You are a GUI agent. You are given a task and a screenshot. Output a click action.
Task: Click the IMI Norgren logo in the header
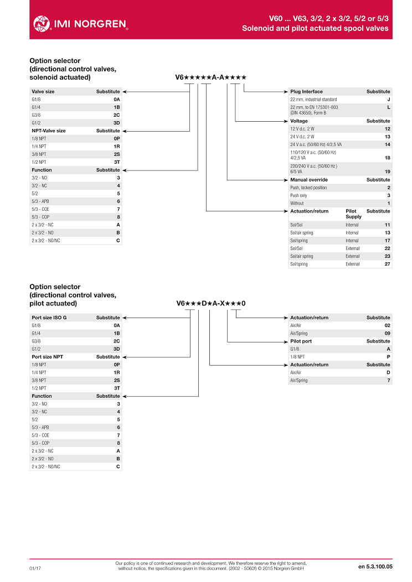(80, 23)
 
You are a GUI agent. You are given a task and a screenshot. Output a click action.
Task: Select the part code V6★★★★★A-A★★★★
(210, 77)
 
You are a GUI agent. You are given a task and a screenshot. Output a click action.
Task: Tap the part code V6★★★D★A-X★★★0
(211, 303)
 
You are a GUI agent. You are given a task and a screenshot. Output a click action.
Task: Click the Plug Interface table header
(306, 91)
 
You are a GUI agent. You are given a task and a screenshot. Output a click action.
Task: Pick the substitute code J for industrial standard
(388, 99)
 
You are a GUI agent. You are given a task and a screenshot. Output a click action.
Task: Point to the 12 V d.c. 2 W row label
(302, 128)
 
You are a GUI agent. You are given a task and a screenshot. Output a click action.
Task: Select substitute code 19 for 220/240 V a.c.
(388, 172)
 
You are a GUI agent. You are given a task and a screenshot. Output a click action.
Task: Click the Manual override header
(309, 180)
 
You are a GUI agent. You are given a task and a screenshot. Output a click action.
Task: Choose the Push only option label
(298, 195)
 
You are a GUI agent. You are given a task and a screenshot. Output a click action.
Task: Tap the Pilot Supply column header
(353, 214)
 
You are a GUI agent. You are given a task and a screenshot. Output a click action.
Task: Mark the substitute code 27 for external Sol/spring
(388, 264)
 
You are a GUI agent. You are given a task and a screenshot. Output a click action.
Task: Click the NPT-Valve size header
(49, 131)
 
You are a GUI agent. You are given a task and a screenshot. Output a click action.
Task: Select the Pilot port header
(301, 341)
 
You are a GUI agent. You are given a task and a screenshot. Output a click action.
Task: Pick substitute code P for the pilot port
(388, 357)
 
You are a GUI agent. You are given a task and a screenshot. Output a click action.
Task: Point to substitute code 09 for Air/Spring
(388, 333)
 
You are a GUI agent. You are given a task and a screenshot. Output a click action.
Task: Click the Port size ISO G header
(49, 318)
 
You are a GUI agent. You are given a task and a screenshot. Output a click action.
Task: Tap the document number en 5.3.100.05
(375, 567)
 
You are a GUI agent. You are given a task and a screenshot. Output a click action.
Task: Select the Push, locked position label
(308, 188)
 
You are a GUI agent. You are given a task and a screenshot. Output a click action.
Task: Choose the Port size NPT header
(47, 357)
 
